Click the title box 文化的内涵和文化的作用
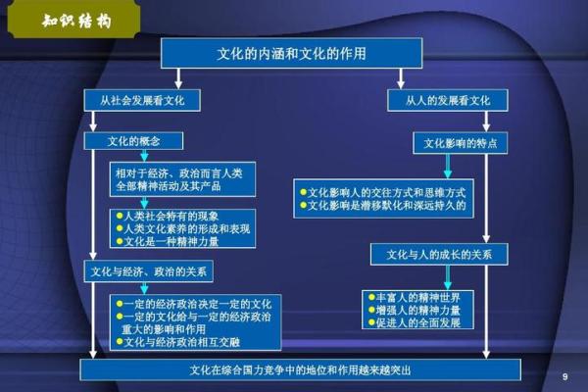pyautogui.click(x=291, y=53)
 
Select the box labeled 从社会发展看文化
pyautogui.click(x=142, y=101)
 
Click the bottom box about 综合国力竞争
pyautogui.click(x=300, y=370)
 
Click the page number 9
pyautogui.click(x=564, y=376)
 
